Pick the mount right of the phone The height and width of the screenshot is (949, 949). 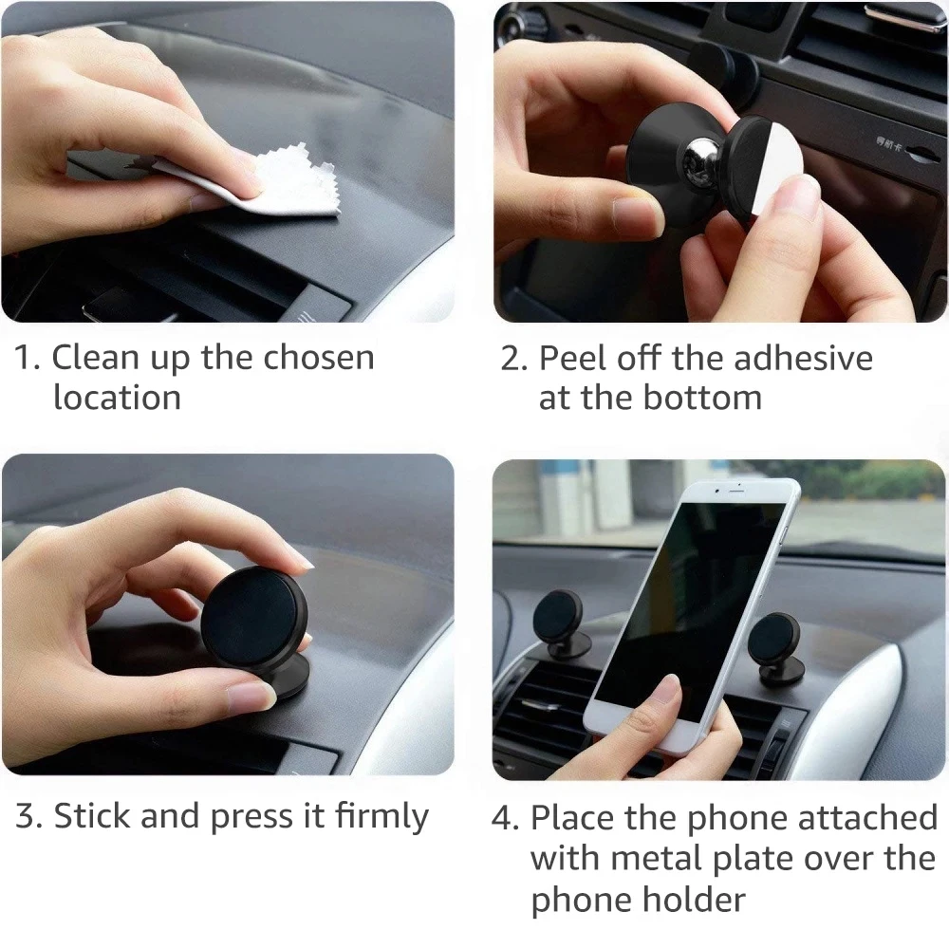point(775,647)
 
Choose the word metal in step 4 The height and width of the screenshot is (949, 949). point(657,858)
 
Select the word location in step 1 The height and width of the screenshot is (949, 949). point(116,398)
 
